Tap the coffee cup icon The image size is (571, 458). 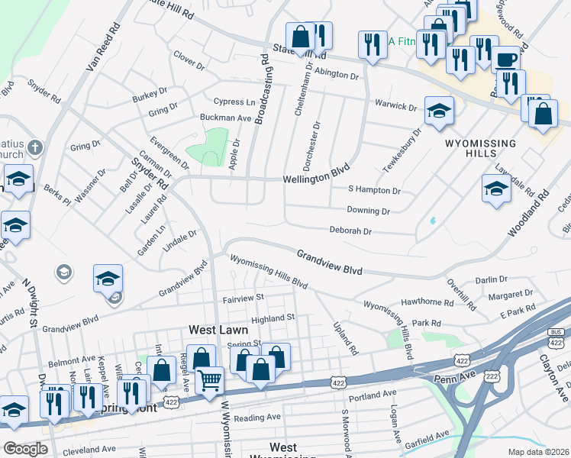click(x=505, y=60)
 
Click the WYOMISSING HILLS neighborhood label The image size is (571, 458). click(x=481, y=148)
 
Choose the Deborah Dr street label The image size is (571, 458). click(x=350, y=231)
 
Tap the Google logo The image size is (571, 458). click(x=25, y=448)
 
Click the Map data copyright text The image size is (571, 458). click(x=539, y=452)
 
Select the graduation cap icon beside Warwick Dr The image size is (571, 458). click(x=439, y=111)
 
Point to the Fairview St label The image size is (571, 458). click(x=244, y=297)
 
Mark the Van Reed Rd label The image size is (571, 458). click(x=104, y=47)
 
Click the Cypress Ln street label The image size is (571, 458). click(x=234, y=102)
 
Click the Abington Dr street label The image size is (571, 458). click(x=337, y=75)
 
